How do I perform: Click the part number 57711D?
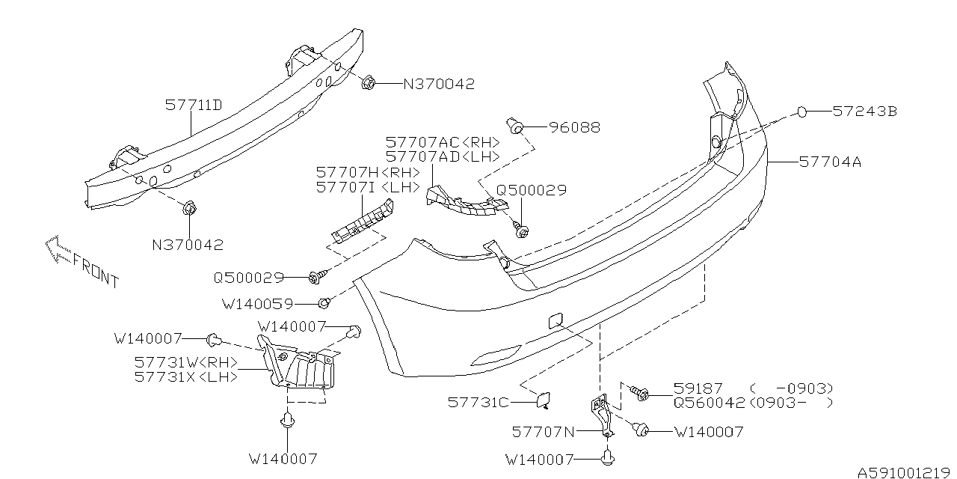194,106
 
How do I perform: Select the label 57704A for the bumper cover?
830,161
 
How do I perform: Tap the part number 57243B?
865,112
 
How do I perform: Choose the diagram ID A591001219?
905,472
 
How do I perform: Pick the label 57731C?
478,403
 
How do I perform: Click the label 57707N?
544,431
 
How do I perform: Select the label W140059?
257,305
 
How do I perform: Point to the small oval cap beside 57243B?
800,112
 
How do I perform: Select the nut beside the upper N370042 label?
367,83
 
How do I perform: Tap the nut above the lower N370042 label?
188,207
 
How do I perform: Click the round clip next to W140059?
324,303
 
